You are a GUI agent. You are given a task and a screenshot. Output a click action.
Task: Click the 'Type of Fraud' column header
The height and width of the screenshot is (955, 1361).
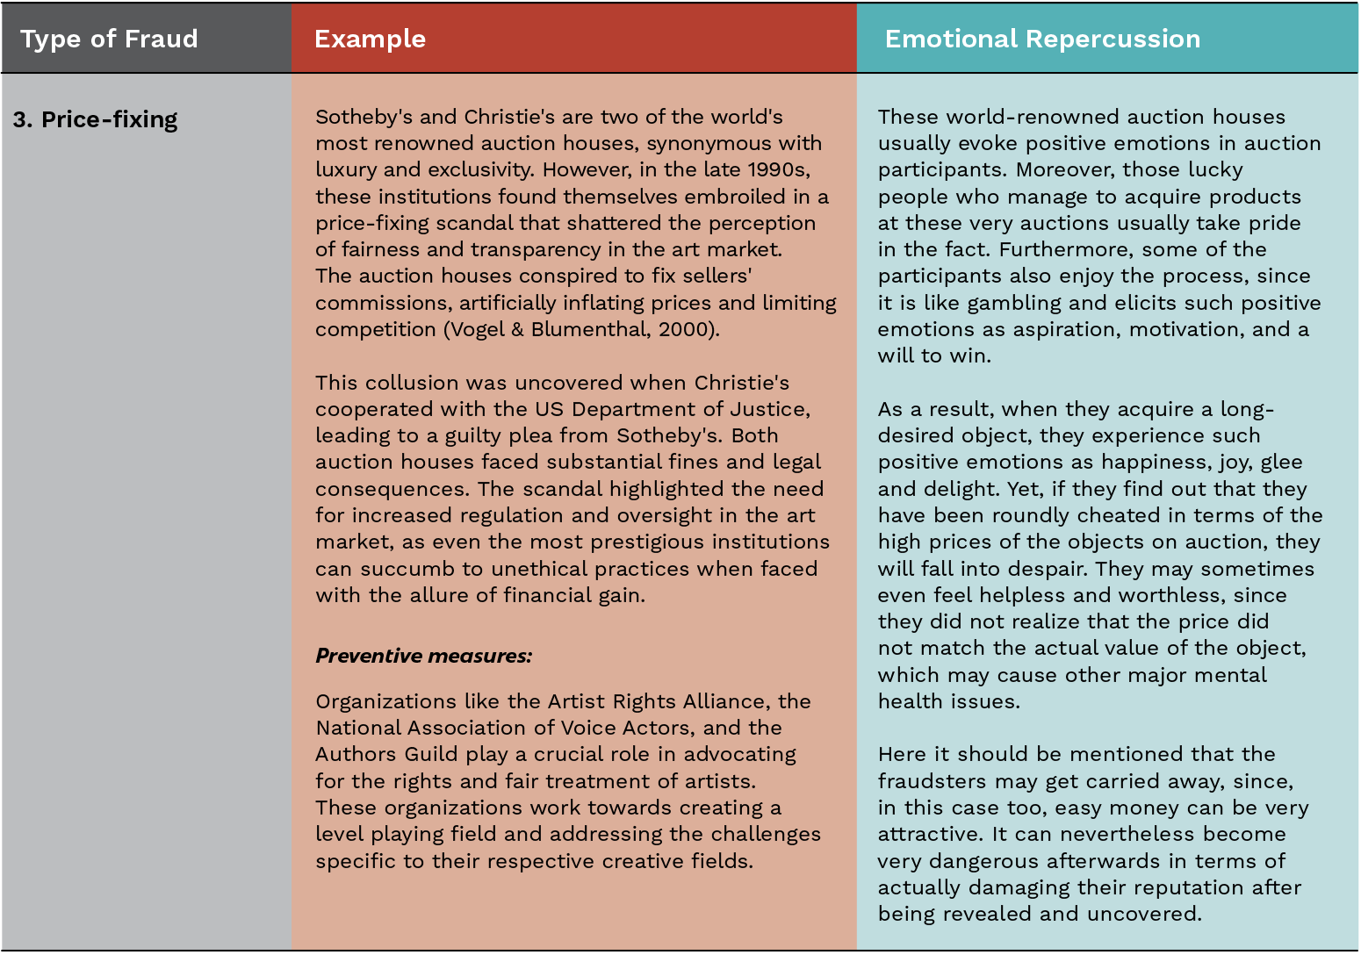(109, 39)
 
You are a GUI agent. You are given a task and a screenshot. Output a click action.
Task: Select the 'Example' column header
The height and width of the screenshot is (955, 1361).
(370, 39)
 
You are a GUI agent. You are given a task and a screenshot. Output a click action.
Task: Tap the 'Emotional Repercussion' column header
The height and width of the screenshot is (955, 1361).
(1042, 39)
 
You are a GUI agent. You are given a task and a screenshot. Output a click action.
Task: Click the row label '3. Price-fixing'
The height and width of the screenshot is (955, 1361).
(96, 119)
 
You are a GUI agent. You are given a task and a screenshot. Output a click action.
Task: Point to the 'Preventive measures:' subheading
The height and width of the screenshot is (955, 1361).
(423, 656)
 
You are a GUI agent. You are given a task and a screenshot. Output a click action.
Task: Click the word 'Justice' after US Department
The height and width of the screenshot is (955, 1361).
(772, 409)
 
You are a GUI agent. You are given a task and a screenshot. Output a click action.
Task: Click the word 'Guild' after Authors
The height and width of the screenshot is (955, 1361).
(430, 754)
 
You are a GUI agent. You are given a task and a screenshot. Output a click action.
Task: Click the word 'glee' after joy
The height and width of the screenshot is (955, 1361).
(1280, 463)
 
